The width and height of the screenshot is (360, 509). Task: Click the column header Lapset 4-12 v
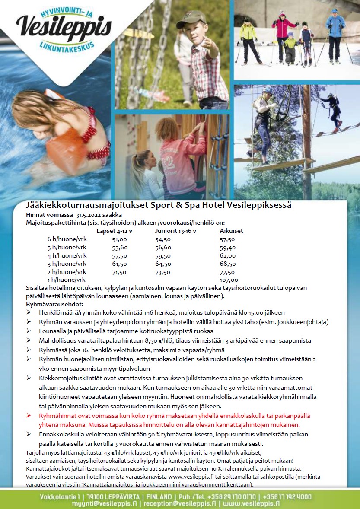point(114,231)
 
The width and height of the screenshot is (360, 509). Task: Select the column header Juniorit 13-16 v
point(175,231)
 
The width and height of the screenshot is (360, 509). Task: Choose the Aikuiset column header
point(231,231)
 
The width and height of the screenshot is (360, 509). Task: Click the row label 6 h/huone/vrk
point(67,239)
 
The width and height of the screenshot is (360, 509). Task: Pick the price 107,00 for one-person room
point(229,280)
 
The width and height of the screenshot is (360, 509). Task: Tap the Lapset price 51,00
point(119,239)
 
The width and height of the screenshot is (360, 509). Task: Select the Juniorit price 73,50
point(163,272)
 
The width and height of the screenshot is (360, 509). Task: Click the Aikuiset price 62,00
point(227,255)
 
